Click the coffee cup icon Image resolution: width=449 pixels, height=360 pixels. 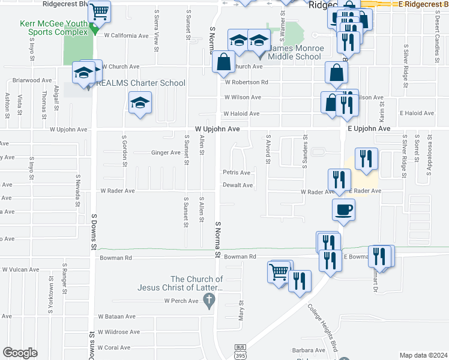[x=343, y=210]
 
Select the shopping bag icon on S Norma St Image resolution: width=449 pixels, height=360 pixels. [x=223, y=62]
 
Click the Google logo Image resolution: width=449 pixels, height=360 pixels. [x=20, y=353]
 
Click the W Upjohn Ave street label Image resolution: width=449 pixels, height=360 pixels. [x=217, y=129]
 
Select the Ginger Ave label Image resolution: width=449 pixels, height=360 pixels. [x=166, y=153]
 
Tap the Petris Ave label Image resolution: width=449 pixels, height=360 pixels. [x=236, y=173]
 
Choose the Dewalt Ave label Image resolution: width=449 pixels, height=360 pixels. [x=238, y=185]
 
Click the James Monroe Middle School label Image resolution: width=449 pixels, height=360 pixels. [x=295, y=52]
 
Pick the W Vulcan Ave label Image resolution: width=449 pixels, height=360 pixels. [x=20, y=269]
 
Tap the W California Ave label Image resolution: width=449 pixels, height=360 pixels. [x=126, y=35]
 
